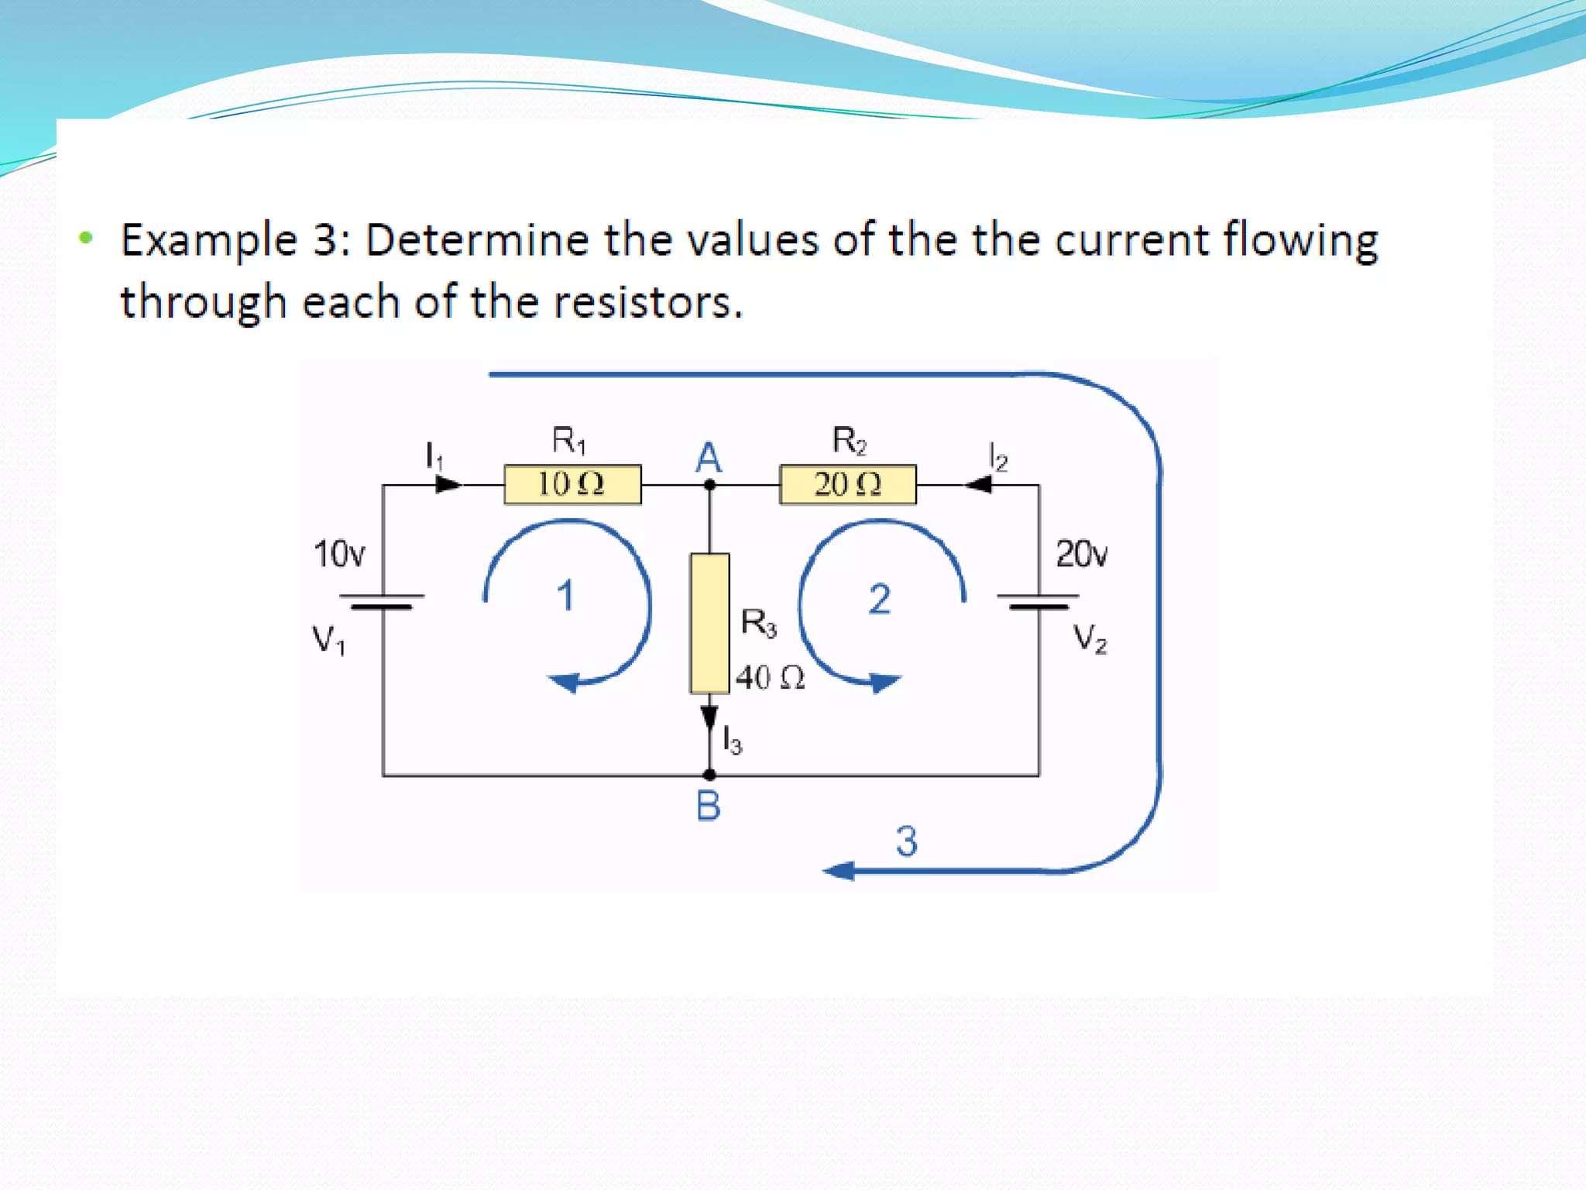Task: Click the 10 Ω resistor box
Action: pyautogui.click(x=572, y=484)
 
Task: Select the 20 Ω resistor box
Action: pyautogui.click(x=847, y=484)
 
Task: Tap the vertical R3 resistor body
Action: pyautogui.click(x=709, y=623)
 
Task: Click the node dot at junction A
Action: pyautogui.click(x=709, y=486)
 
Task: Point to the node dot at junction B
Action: pyautogui.click(x=709, y=775)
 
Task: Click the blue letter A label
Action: pyautogui.click(x=708, y=458)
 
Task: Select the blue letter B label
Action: pyautogui.click(x=708, y=807)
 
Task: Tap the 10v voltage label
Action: pyautogui.click(x=338, y=554)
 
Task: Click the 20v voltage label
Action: pyautogui.click(x=1082, y=554)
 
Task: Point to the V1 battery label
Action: pyautogui.click(x=328, y=641)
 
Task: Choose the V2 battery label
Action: pyautogui.click(x=1090, y=639)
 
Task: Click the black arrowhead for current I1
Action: pyautogui.click(x=448, y=485)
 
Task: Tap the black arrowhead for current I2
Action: pyautogui.click(x=979, y=485)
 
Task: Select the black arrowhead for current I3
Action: pyautogui.click(x=709, y=717)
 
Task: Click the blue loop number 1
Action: pyautogui.click(x=565, y=596)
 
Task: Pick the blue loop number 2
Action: pyautogui.click(x=879, y=599)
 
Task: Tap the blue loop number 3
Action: pyautogui.click(x=907, y=841)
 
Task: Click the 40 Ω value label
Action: pyautogui.click(x=770, y=678)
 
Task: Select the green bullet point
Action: pyautogui.click(x=86, y=237)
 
